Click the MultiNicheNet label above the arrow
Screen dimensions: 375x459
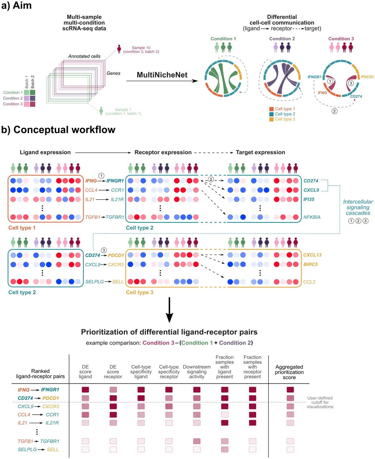(x=162, y=75)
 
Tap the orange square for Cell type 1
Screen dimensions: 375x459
(x=271, y=109)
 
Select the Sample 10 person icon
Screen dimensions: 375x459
(x=119, y=49)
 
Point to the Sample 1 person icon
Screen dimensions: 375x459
(x=101, y=111)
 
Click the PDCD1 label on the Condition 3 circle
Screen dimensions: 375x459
(x=367, y=77)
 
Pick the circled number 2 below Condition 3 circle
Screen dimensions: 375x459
(x=334, y=111)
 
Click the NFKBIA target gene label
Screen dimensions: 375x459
(x=312, y=217)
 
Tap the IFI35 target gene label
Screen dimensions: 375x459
(x=309, y=199)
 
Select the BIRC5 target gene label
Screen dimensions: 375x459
(x=310, y=264)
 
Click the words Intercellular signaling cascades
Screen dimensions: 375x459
(x=358, y=207)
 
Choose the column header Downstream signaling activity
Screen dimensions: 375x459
(x=197, y=372)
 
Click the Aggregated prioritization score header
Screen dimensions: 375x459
(x=289, y=372)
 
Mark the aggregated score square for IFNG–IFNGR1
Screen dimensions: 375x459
(x=290, y=390)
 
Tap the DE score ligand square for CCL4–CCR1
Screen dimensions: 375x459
(x=85, y=415)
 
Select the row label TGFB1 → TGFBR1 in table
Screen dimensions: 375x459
(x=38, y=441)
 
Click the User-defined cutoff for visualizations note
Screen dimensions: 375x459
(x=320, y=402)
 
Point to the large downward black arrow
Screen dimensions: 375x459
(x=169, y=310)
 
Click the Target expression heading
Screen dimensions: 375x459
(x=260, y=152)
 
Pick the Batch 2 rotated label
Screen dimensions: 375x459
(x=32, y=82)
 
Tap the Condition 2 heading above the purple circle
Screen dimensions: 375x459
(x=282, y=38)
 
